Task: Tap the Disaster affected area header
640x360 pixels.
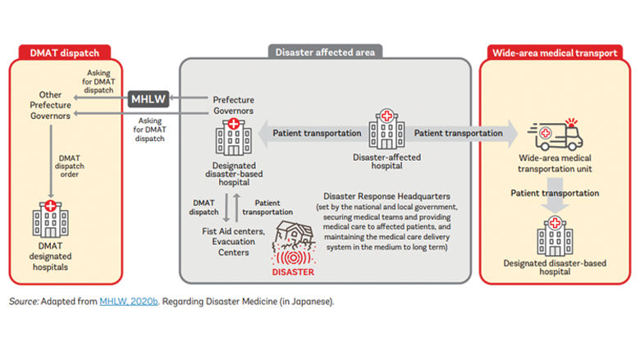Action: click(324, 52)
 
